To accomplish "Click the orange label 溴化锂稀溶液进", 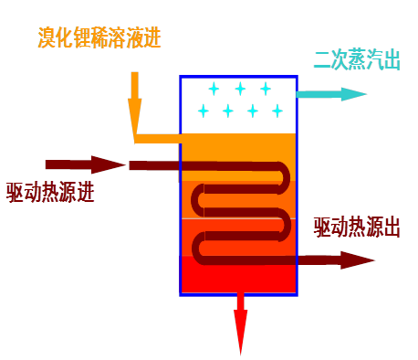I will [x=99, y=37].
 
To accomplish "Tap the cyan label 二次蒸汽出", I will [x=357, y=61].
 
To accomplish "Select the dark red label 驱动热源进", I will [x=50, y=193].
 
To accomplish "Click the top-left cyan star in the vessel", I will [x=214, y=89].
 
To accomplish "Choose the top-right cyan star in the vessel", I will [x=266, y=89].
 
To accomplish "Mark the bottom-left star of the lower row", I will [x=204, y=111].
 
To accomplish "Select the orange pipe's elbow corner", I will [x=136, y=138].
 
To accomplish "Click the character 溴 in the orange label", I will [x=47, y=37].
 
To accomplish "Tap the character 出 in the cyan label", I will [x=392, y=61].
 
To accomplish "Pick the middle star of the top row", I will [x=240, y=89].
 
